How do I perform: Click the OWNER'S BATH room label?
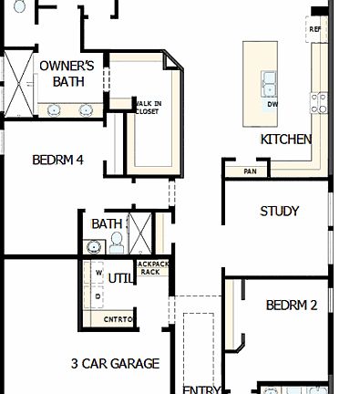(x=67, y=73)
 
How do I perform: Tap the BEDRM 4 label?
(x=57, y=160)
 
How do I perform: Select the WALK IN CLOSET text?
(x=149, y=108)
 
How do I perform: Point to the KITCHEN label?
(x=286, y=140)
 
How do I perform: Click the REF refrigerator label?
(x=316, y=29)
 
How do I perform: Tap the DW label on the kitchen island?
(x=273, y=104)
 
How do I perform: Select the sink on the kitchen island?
(x=271, y=83)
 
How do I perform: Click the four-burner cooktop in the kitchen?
(x=320, y=101)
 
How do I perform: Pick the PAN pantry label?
(x=250, y=171)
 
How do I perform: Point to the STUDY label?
(x=279, y=211)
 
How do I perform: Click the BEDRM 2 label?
(x=292, y=305)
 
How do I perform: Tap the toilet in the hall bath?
(x=116, y=243)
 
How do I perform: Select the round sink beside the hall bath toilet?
(x=94, y=246)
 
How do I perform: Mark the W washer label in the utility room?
(x=98, y=272)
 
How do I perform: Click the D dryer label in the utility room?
(x=98, y=296)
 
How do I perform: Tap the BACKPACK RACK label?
(x=152, y=267)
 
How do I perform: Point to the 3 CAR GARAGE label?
(x=115, y=363)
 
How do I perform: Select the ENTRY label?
(x=201, y=389)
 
